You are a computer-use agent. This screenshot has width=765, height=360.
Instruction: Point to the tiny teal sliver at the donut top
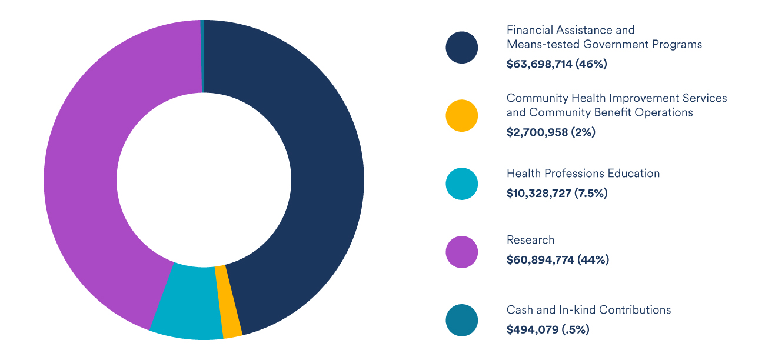(x=202, y=56)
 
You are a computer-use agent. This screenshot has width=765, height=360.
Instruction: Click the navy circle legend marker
(x=462, y=47)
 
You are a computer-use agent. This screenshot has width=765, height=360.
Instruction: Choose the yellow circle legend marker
(x=462, y=115)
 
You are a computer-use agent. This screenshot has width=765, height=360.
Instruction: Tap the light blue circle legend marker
(x=462, y=184)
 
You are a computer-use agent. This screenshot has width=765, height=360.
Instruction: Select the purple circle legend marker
(x=462, y=252)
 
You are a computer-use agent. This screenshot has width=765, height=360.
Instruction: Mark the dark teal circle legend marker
(x=462, y=320)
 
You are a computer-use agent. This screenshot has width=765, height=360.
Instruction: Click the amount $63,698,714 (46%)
(x=556, y=64)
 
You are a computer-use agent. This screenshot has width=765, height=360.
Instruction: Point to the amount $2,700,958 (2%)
(x=551, y=132)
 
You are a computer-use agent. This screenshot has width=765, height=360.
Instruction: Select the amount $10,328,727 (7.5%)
(x=557, y=193)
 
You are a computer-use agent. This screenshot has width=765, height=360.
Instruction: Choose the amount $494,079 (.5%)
(x=547, y=329)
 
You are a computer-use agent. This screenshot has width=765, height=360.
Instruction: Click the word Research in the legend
(x=530, y=240)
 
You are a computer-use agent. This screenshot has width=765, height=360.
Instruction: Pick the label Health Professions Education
(x=583, y=174)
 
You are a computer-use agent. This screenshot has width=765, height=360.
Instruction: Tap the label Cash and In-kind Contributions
(x=588, y=310)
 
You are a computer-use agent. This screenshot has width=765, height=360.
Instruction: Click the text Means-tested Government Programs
(x=604, y=45)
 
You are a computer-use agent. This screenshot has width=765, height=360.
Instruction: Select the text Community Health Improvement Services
(x=616, y=98)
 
